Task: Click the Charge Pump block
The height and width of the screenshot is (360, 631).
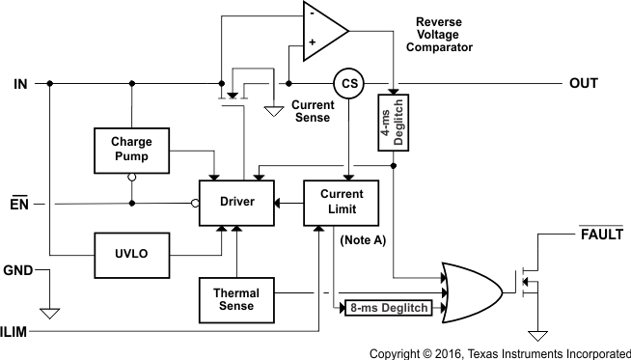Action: point(131,150)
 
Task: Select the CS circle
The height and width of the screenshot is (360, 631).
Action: point(346,84)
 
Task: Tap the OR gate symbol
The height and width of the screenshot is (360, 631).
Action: point(471,288)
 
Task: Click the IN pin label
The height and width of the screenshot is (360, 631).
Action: point(20,84)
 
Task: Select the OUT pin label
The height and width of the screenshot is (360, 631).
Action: point(585,84)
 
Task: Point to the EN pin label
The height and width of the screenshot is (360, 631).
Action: point(20,203)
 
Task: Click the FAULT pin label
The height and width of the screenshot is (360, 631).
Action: point(600,235)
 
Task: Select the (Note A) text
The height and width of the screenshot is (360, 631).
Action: point(363,239)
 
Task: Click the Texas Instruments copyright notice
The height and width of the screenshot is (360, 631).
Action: point(500,353)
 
